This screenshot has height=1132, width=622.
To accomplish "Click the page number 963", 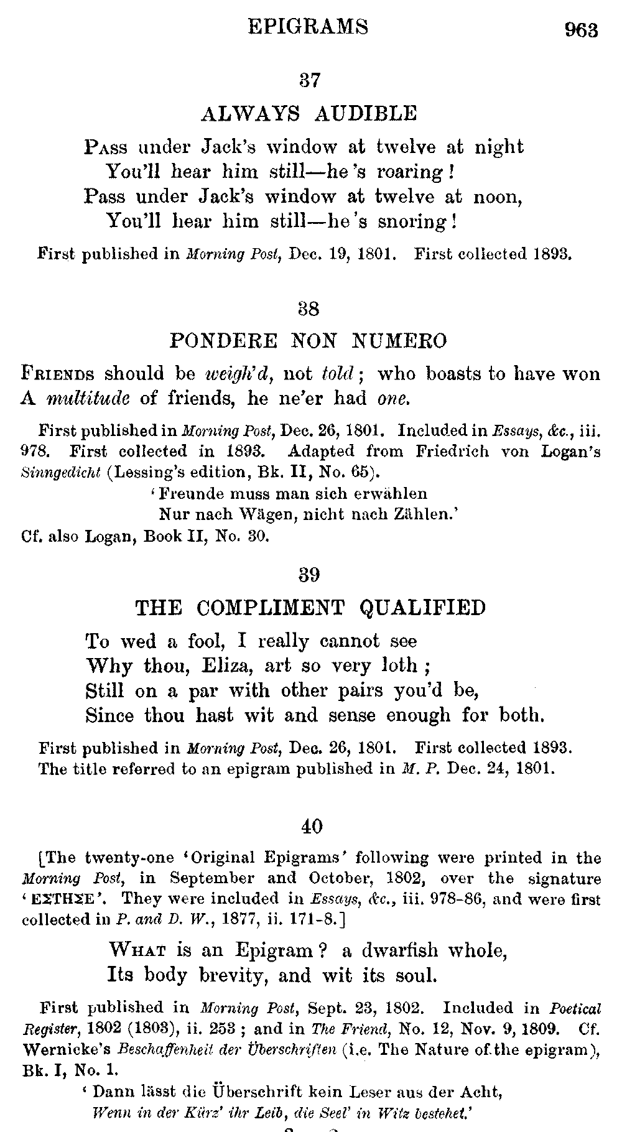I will (x=581, y=30).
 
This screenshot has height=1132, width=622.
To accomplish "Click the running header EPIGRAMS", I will (x=308, y=27).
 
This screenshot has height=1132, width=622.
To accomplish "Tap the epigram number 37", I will (x=310, y=80).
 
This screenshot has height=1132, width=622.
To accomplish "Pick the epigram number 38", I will (x=310, y=308).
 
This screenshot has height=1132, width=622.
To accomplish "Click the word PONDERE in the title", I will (x=223, y=341).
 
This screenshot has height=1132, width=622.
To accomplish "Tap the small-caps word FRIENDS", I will (x=58, y=374).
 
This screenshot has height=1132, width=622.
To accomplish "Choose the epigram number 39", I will (x=310, y=575).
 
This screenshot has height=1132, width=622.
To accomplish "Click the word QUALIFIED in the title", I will (x=423, y=608).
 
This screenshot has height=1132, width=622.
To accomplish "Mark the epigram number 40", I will (x=312, y=827).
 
